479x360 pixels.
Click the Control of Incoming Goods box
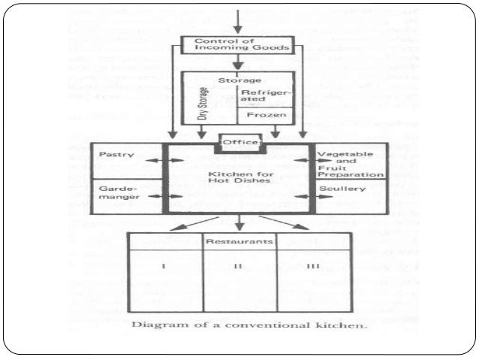click(239, 46)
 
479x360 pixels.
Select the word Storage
click(239, 79)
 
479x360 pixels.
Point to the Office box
click(239, 143)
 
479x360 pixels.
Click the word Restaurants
click(239, 242)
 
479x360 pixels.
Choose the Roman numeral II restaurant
click(239, 267)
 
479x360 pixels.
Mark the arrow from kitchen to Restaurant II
click(239, 222)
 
